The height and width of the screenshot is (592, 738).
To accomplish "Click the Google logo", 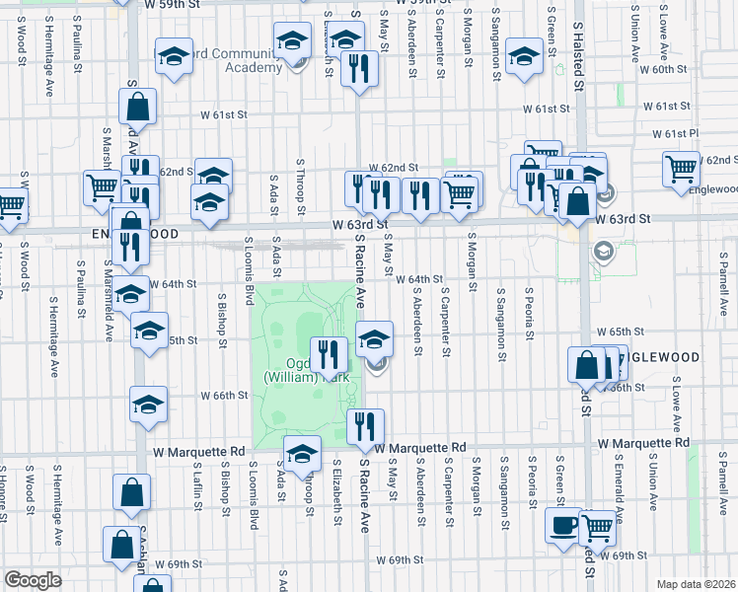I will [x=33, y=579].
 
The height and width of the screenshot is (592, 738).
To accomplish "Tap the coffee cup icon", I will [x=564, y=526].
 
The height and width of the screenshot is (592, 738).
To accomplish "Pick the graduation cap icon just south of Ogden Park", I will [x=302, y=453].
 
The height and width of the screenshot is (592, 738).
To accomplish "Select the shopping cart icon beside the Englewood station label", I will [x=682, y=169].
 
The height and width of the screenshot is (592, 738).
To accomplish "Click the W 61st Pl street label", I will [x=675, y=133].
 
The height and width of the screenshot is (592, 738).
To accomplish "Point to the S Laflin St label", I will [x=198, y=487].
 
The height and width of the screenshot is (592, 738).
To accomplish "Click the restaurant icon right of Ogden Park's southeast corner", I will [x=365, y=426].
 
